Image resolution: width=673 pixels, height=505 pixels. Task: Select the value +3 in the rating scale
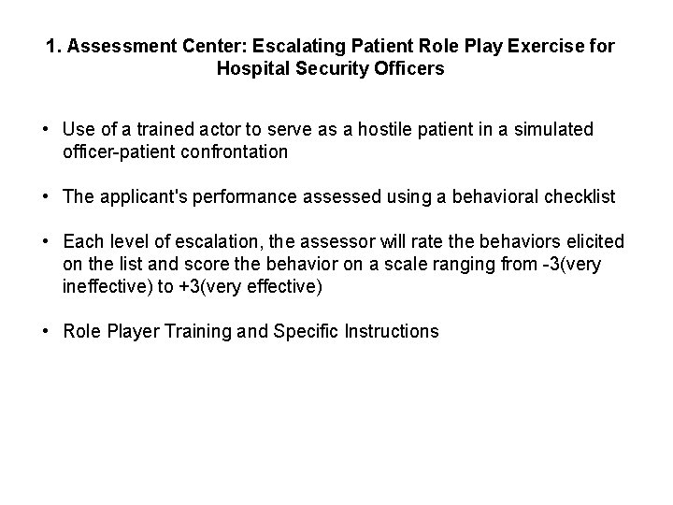(x=181, y=287)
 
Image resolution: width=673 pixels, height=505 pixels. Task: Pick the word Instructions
(x=391, y=332)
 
